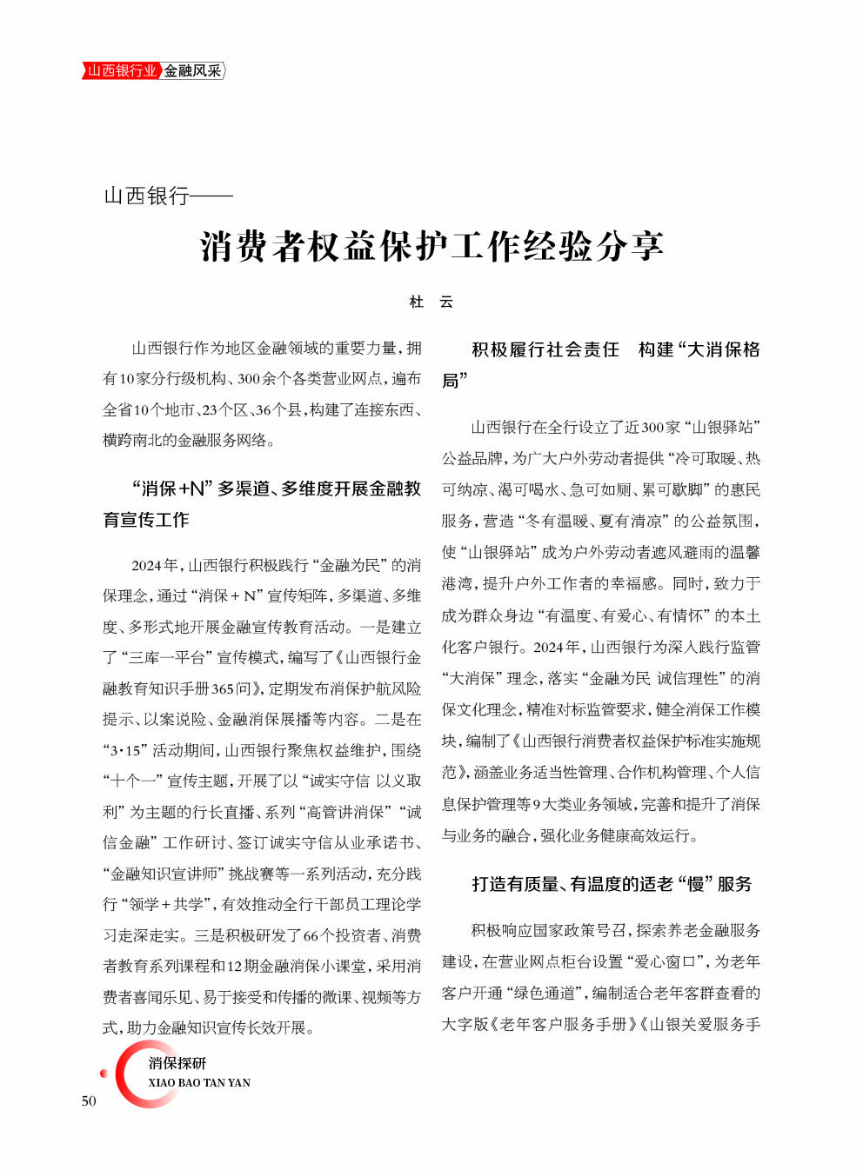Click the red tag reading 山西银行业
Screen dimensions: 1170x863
click(x=122, y=70)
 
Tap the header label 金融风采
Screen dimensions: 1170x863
click(x=193, y=70)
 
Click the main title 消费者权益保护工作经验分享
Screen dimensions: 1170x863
click(x=431, y=246)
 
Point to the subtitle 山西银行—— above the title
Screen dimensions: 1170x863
click(x=168, y=196)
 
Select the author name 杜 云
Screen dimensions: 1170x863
click(x=431, y=302)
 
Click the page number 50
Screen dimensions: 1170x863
click(x=89, y=1100)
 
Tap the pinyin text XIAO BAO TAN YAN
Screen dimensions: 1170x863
click(x=199, y=1083)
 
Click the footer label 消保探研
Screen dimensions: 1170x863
click(x=177, y=1063)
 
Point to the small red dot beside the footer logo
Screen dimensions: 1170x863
click(x=104, y=1074)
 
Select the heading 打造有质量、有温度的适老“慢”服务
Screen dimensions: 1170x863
click(x=611, y=884)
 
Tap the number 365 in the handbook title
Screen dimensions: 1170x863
click(x=223, y=688)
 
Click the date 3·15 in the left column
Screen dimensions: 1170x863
click(x=124, y=750)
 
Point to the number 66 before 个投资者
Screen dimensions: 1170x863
click(x=311, y=935)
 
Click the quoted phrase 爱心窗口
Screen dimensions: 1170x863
click(x=665, y=961)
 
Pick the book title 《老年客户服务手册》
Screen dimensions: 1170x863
click(x=564, y=1024)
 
